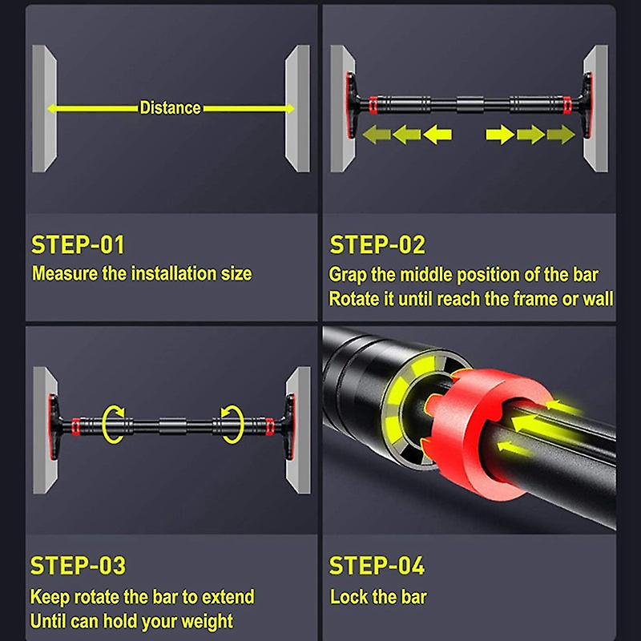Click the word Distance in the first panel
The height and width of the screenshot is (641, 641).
(x=170, y=108)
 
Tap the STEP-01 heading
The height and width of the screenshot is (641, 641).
(x=78, y=245)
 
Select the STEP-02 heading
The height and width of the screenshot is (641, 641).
(x=377, y=245)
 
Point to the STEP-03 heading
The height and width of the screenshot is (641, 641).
(x=78, y=566)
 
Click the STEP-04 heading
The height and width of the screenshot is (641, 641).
(x=377, y=566)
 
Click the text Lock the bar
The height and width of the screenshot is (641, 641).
(x=378, y=597)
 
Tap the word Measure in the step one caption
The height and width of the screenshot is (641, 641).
(x=65, y=273)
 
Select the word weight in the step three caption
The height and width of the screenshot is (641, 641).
(x=208, y=622)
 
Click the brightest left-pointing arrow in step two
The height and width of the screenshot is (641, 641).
(x=437, y=135)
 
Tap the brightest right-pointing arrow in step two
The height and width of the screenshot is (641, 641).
(x=500, y=135)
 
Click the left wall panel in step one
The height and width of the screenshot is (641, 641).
(x=44, y=108)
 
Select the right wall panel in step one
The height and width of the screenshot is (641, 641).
(x=297, y=108)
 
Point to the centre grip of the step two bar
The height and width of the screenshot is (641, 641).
(x=470, y=104)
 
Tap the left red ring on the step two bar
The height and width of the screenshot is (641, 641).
(x=373, y=105)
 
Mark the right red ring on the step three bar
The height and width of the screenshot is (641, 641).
(x=270, y=426)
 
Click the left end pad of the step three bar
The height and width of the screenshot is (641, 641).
(x=54, y=426)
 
